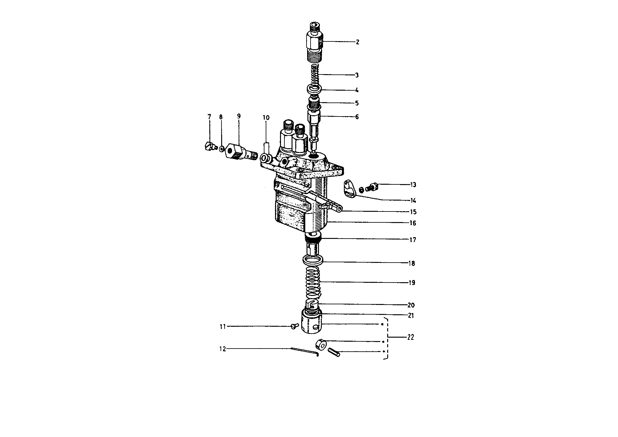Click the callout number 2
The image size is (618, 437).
357,42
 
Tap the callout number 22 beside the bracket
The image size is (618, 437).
411,337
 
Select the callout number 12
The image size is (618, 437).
222,349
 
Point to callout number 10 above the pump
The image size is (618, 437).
266,118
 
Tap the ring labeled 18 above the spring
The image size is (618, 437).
313,259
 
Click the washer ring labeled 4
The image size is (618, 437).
315,88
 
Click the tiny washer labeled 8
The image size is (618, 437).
221,149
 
